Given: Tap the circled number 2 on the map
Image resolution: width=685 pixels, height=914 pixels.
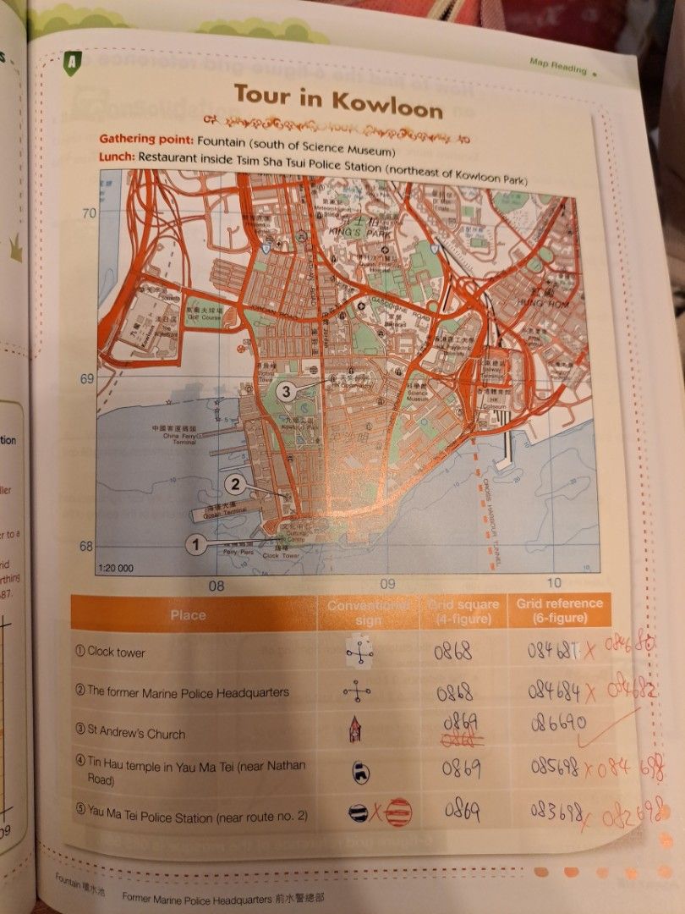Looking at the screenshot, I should (x=237, y=485).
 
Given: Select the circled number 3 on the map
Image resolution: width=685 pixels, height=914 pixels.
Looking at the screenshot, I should (x=287, y=391).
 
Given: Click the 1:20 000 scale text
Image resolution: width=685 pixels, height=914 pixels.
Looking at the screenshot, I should (x=117, y=568).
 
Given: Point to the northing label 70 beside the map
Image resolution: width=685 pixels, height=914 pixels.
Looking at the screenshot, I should (x=89, y=213).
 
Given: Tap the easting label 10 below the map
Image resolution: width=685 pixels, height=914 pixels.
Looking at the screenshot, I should (x=554, y=582).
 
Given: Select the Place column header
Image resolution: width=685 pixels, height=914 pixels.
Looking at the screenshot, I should (x=188, y=615).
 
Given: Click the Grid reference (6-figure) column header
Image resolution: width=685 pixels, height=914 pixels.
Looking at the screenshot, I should (x=559, y=609).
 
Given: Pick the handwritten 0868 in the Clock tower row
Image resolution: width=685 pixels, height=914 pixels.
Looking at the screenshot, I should (x=453, y=652).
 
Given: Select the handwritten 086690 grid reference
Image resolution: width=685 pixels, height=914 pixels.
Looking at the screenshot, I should (x=554, y=724).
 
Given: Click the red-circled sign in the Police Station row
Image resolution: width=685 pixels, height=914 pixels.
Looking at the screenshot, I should (x=400, y=812).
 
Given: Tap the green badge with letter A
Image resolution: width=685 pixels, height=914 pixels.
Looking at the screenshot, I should (x=74, y=61).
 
